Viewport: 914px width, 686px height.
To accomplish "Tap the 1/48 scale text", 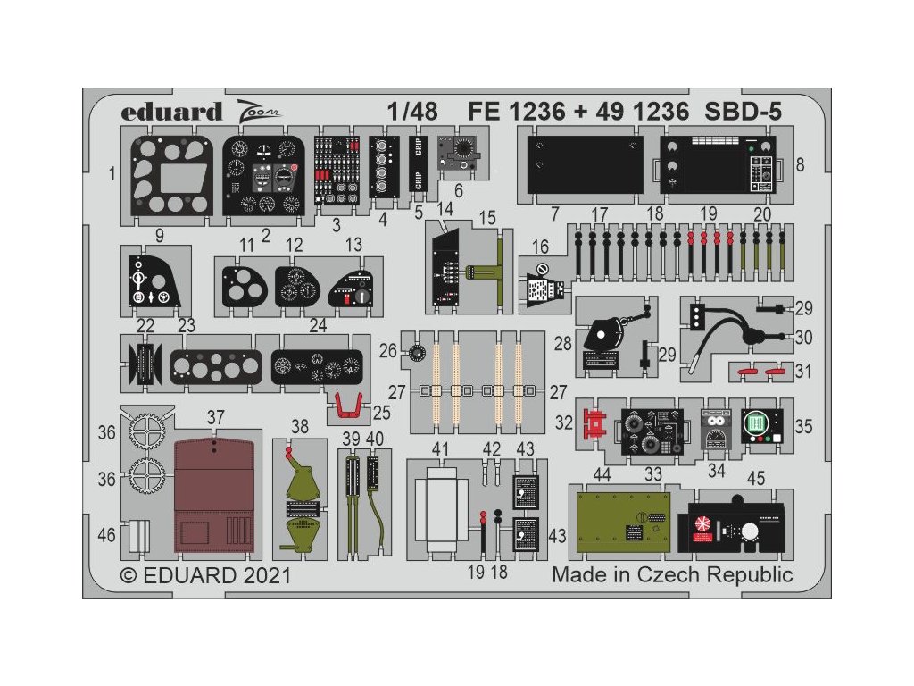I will (413, 113).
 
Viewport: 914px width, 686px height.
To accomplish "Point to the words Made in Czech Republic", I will (671, 574).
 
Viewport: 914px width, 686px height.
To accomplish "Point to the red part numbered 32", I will (591, 419).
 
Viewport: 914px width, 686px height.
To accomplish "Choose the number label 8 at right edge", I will (799, 164).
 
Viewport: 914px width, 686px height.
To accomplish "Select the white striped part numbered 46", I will (137, 536).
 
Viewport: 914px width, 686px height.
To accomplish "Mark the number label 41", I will (439, 448).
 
